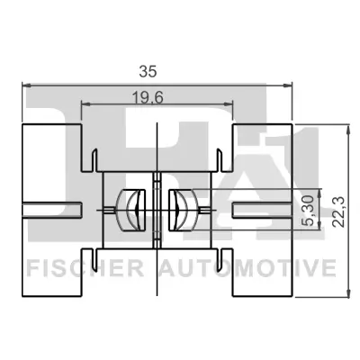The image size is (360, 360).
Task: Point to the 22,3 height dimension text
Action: coord(337,210)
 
